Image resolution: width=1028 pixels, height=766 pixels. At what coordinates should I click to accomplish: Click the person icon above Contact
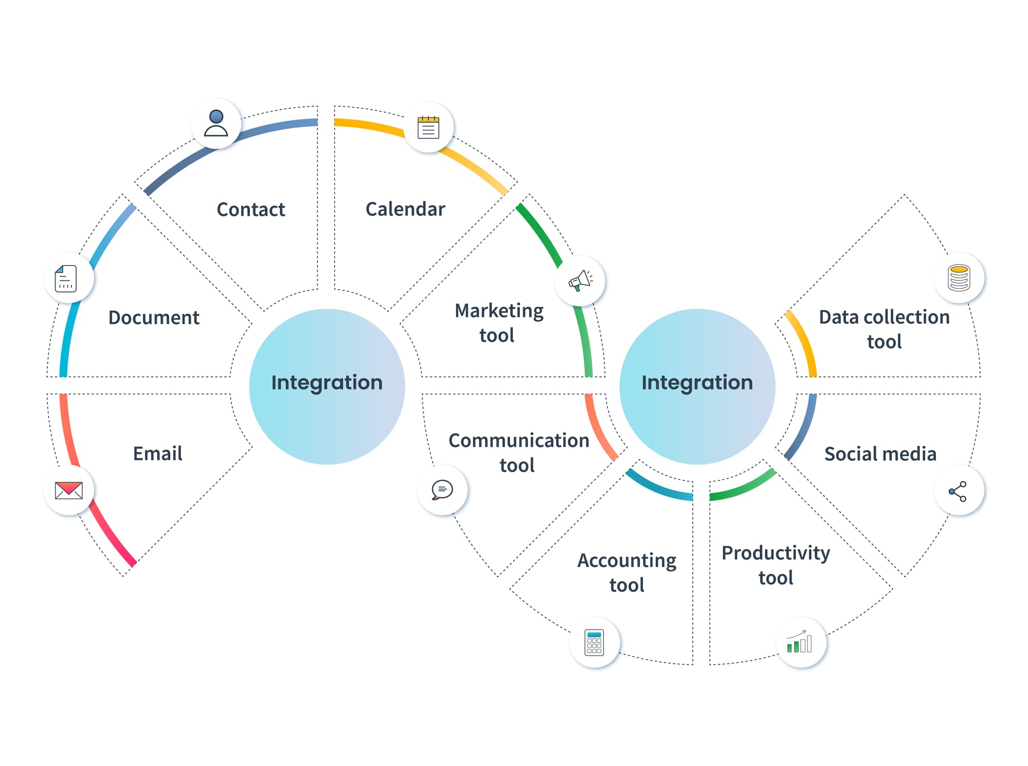coord(216,123)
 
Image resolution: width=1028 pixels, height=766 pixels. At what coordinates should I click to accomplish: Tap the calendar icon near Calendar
coord(428,127)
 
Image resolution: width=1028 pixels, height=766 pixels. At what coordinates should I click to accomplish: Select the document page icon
coord(66,278)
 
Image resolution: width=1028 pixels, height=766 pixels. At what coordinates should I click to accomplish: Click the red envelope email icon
coord(69,490)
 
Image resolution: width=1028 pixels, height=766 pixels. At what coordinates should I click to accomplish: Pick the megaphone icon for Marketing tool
coord(580,281)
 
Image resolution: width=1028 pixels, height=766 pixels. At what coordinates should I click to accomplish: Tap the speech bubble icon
coord(442,490)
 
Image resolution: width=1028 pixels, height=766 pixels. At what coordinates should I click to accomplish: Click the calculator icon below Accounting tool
coord(594,642)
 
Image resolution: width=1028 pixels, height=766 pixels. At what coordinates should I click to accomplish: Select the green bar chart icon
coord(800,642)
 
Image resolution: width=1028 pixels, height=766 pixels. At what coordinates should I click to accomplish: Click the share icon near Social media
coord(958,491)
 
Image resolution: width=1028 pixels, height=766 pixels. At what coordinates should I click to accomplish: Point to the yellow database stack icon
coord(959,278)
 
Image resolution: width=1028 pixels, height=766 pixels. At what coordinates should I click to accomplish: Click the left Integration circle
coord(327,386)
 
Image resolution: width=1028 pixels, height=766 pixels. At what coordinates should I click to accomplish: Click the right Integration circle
coord(697,386)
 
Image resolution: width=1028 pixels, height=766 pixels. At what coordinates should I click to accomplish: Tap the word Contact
coord(251,210)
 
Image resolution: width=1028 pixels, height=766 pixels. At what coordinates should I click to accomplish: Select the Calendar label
coord(405,209)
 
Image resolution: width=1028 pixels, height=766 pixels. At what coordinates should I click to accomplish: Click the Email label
coord(158,454)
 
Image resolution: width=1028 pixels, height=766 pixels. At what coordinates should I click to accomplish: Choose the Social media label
coord(880,454)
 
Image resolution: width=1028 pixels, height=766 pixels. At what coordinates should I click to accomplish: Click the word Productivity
coord(776,553)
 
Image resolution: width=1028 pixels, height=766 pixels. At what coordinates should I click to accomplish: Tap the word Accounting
coord(627,561)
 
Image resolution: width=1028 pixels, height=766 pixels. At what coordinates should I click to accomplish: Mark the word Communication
coord(519,441)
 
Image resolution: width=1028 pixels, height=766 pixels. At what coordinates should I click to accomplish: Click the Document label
coord(154,317)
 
